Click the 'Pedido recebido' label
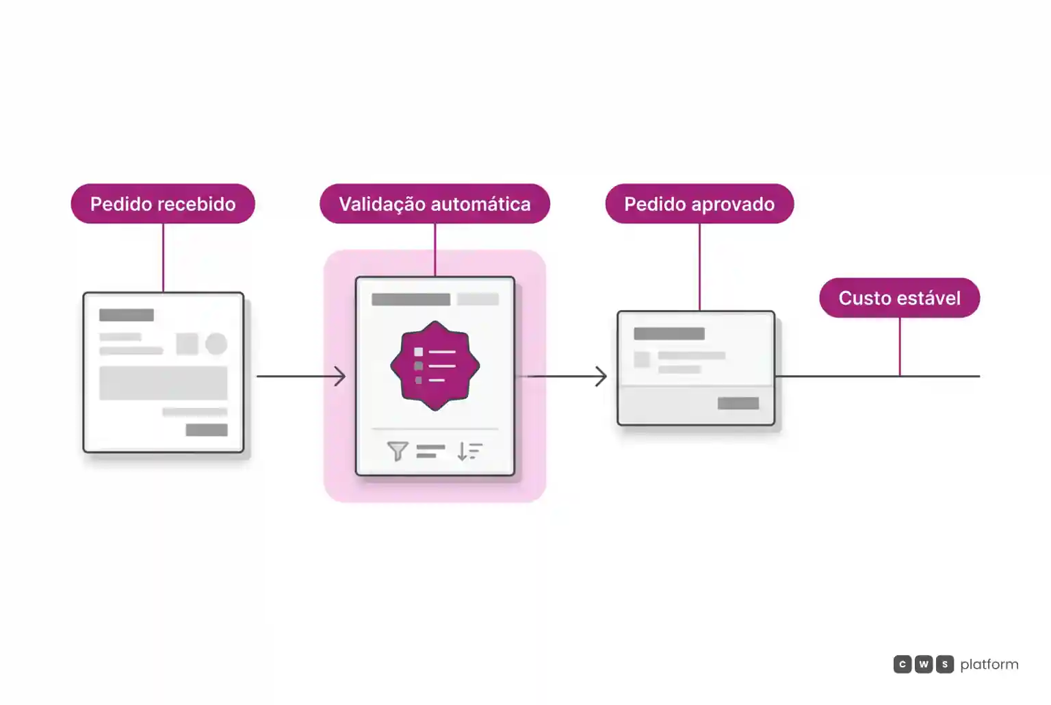pyautogui.click(x=163, y=204)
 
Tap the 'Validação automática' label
pyautogui.click(x=434, y=204)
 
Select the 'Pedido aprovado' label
pyautogui.click(x=699, y=204)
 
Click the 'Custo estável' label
pyautogui.click(x=900, y=298)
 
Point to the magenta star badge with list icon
pyautogui.click(x=435, y=366)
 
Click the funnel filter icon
pyautogui.click(x=398, y=451)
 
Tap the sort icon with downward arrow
pyautogui.click(x=469, y=451)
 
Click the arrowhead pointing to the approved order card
pyautogui.click(x=601, y=376)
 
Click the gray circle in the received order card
pyautogui.click(x=216, y=344)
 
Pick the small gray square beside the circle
pyautogui.click(x=187, y=344)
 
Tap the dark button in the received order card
pyautogui.click(x=207, y=430)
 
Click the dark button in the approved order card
pyautogui.click(x=738, y=403)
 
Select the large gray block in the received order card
pyautogui.click(x=164, y=383)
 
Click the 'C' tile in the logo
pyautogui.click(x=903, y=664)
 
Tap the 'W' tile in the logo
pyautogui.click(x=923, y=664)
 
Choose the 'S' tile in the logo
pyautogui.click(x=944, y=664)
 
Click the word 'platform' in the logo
pyautogui.click(x=989, y=665)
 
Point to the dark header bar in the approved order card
pyautogui.click(x=669, y=334)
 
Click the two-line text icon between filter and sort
pyautogui.click(x=430, y=451)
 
